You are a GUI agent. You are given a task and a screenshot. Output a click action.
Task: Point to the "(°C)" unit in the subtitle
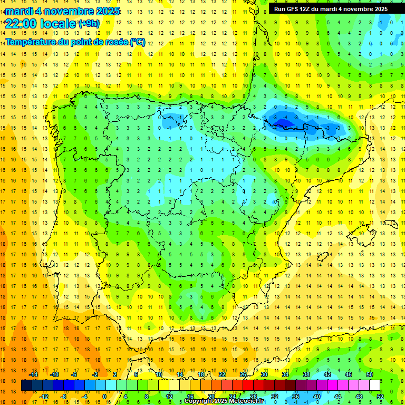click(137, 42)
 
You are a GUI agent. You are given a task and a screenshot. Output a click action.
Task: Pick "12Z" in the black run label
click(311, 9)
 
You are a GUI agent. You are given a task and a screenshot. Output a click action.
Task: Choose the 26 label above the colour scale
click(243, 374)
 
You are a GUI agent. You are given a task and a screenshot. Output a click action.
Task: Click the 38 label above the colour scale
click(306, 374)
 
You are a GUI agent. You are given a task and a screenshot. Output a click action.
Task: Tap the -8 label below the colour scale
click(64, 396)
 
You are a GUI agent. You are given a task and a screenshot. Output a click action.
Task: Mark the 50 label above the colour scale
click(370, 374)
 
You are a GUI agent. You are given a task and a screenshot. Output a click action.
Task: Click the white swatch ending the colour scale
click(375, 385)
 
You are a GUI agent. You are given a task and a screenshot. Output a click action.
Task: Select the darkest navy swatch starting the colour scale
click(27, 385)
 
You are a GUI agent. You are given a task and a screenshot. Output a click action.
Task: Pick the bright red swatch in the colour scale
click(248, 385)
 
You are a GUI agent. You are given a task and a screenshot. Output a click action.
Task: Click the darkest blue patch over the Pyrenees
click(282, 123)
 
